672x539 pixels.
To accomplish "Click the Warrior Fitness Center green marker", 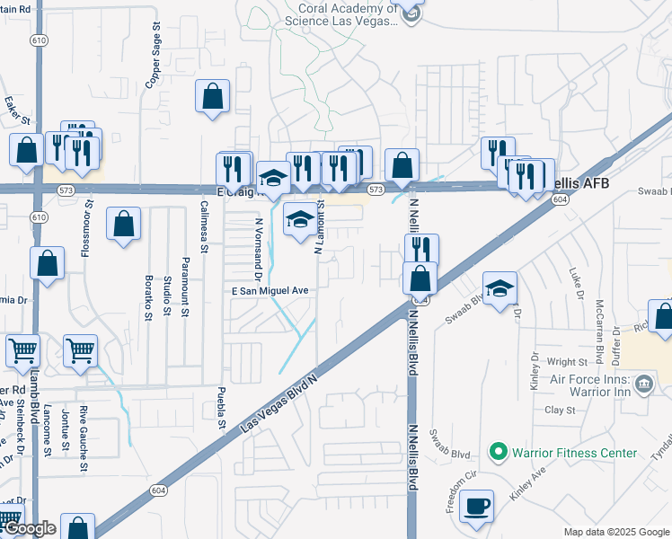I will pyautogui.click(x=498, y=453).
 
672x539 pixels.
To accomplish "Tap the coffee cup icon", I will pyautogui.click(x=477, y=506).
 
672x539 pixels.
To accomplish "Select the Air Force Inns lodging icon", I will pyautogui.click(x=644, y=384).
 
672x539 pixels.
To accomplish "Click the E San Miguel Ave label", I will pyautogui.click(x=270, y=291).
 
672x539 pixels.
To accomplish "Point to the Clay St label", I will pyautogui.click(x=560, y=410).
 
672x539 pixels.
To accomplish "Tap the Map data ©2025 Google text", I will pyautogui.click(x=615, y=532).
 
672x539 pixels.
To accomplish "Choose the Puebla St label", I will pyautogui.click(x=220, y=404).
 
